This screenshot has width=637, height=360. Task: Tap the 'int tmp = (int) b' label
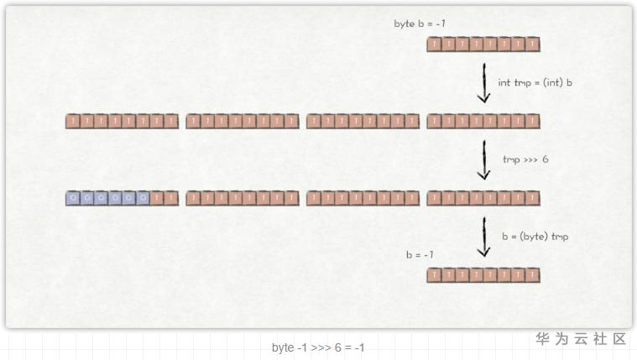tap(535, 83)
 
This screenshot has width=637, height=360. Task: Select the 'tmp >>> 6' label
tap(525, 159)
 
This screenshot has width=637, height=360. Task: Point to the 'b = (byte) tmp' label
tap(535, 237)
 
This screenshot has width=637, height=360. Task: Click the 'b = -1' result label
tap(420, 254)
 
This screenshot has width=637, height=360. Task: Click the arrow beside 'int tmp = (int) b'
tap(483, 83)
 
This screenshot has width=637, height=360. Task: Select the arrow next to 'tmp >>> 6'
tap(483, 159)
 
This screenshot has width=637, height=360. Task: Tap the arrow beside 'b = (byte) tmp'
tap(483, 237)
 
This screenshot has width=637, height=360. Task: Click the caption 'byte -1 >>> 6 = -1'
tap(318, 347)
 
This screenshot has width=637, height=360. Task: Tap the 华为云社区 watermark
tap(582, 339)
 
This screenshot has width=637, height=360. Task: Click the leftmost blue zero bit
tap(73, 198)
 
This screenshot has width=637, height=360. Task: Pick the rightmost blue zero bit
tap(144, 198)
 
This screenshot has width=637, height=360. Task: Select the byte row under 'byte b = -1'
tap(483, 44)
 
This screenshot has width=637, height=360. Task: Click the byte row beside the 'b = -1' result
tap(483, 274)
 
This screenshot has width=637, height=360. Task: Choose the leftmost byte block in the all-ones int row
tap(123, 121)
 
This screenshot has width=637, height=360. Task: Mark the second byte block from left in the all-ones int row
tap(243, 121)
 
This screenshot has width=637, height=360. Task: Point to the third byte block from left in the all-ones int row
tap(363, 121)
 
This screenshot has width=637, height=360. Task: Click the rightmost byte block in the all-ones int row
tap(483, 121)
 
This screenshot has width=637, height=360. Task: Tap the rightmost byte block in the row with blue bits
tap(483, 198)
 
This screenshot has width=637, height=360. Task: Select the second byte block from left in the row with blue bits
tap(243, 198)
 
